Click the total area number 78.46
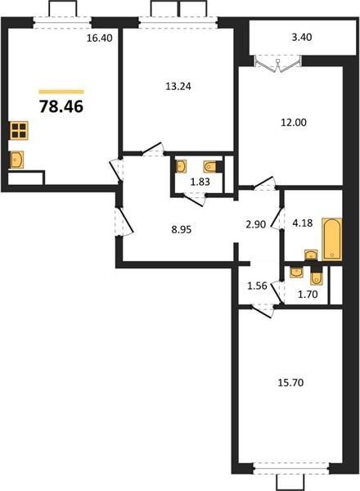(x=61, y=106)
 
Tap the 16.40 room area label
(x=99, y=38)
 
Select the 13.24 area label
(x=178, y=86)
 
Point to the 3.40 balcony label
(x=302, y=38)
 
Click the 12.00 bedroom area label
(x=294, y=123)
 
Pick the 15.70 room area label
(x=290, y=383)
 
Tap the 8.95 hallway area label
(x=182, y=230)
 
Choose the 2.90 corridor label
(x=256, y=224)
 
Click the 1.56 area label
(x=257, y=286)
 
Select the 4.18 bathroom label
(x=303, y=223)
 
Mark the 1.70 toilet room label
(x=308, y=295)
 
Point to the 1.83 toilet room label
(x=200, y=182)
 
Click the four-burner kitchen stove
(x=19, y=130)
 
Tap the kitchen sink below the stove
(x=17, y=160)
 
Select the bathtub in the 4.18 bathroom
(x=332, y=240)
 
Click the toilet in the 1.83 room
(x=209, y=167)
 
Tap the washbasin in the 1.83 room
(x=182, y=166)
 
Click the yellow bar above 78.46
(x=61, y=92)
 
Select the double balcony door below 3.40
(x=277, y=65)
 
